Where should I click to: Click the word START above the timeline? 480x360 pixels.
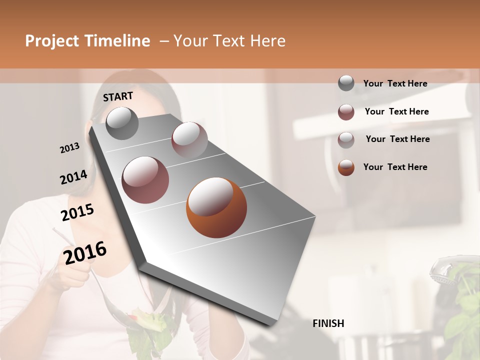point(118,96)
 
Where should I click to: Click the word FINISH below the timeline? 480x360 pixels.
point(328,323)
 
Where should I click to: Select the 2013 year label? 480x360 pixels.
point(69,148)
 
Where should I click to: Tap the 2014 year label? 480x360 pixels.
point(73,177)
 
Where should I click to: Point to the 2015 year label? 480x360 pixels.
point(77,212)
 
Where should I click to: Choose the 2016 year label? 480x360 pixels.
point(85,252)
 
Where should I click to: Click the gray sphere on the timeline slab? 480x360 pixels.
point(122,123)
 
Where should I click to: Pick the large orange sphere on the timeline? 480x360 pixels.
point(216,207)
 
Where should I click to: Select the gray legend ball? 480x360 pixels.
point(346,83)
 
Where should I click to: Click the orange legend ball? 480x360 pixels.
point(346,167)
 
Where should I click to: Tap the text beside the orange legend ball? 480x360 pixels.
point(395,167)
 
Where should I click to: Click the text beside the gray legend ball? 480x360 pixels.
point(395,83)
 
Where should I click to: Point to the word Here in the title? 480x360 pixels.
point(267,41)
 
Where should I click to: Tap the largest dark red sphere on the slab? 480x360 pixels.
point(145,179)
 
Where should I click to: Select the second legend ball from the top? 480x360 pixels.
point(346,112)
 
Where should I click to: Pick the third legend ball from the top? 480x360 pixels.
point(346,139)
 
